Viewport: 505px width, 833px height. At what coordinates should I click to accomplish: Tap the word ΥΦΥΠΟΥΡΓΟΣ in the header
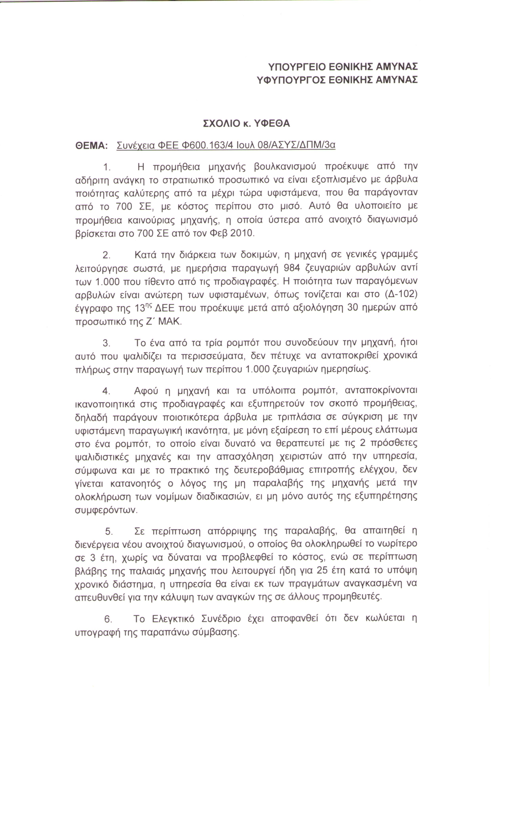pyautogui.click(x=291, y=80)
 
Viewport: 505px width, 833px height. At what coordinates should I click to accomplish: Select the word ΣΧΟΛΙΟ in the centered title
pyautogui.click(x=221, y=124)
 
